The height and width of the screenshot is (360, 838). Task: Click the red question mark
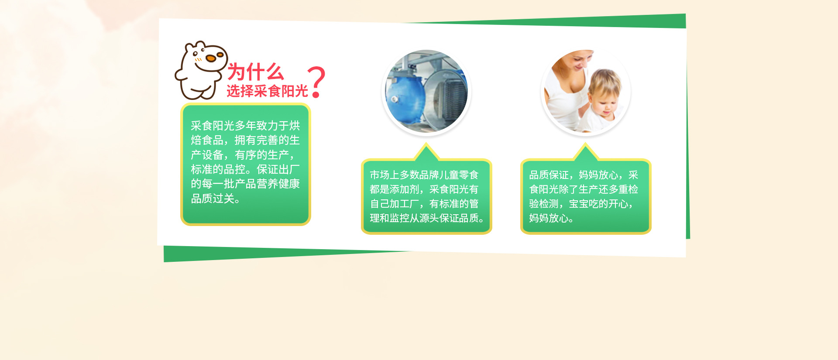click(317, 82)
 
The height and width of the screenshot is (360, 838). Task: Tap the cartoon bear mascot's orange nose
click(211, 58)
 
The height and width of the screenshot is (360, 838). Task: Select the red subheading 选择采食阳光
click(267, 91)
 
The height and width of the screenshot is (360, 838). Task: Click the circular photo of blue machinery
click(426, 91)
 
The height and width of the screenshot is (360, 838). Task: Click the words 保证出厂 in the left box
click(278, 169)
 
